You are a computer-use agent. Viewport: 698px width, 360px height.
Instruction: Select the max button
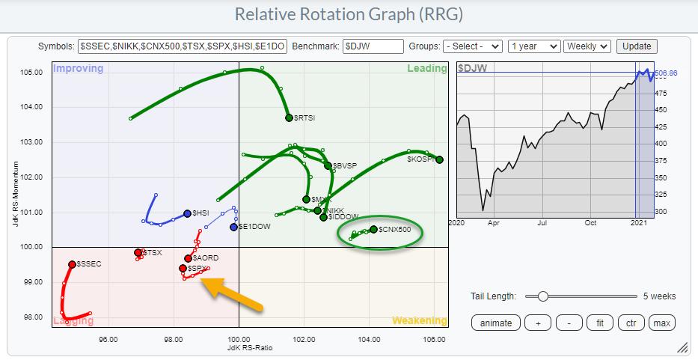661,323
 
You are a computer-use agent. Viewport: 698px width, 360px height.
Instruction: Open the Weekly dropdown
587,46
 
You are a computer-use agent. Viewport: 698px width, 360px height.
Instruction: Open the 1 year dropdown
533,46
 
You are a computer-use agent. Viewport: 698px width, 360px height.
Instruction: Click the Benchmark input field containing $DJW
373,46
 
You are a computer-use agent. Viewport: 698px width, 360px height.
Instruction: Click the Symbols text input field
182,46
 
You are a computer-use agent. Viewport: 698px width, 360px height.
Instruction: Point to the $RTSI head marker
289,118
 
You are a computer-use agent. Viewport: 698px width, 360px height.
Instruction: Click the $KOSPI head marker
439,159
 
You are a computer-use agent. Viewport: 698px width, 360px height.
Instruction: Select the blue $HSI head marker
187,213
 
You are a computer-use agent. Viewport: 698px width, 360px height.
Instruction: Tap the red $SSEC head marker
72,264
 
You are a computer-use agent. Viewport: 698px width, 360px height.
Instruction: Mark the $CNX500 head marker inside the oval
373,229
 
